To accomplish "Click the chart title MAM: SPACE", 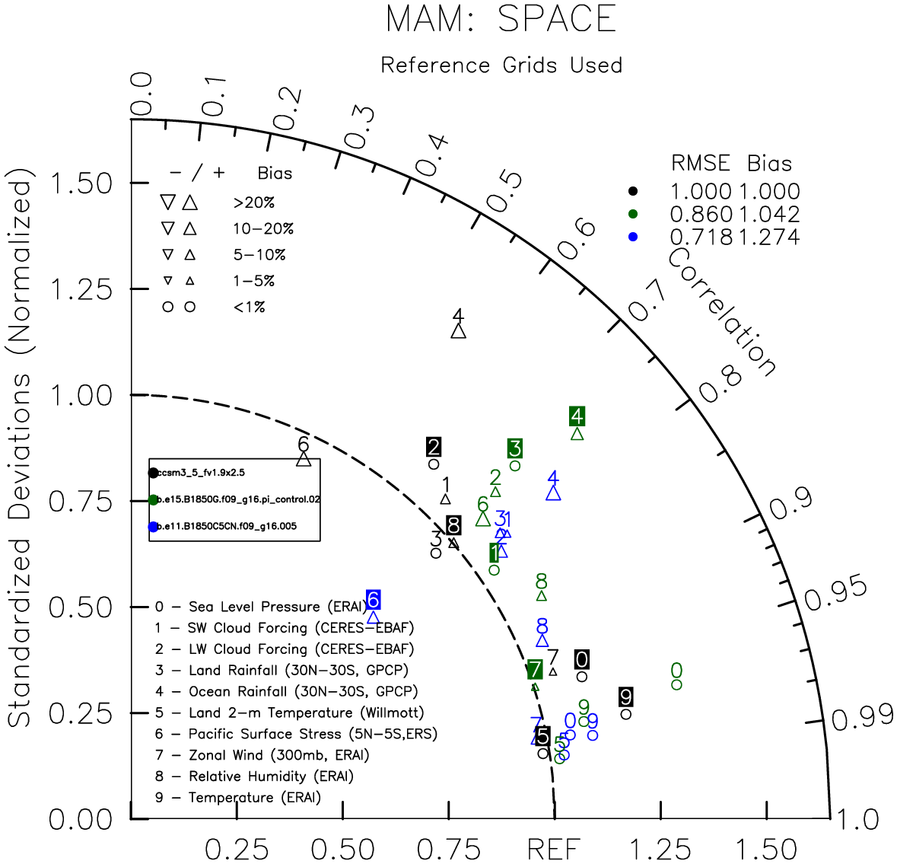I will click(501, 19).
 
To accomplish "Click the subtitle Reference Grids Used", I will click(501, 65).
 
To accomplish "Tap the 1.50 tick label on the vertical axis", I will click(81, 183).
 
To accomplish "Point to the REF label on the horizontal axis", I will click(554, 848).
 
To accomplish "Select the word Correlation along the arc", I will click(722, 313).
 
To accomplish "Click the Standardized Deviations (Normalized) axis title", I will click(20, 454).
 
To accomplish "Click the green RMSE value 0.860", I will click(701, 215).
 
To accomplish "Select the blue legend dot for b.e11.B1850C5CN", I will click(154, 527).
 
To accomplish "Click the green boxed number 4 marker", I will click(577, 416).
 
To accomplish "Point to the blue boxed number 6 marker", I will click(373, 600).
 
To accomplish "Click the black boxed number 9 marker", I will click(625, 697).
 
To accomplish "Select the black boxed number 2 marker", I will click(434, 448).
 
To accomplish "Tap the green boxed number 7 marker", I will click(535, 669).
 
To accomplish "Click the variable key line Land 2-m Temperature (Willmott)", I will click(289, 713).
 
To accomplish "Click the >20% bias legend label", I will click(254, 203).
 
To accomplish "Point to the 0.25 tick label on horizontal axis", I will click(237, 848).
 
